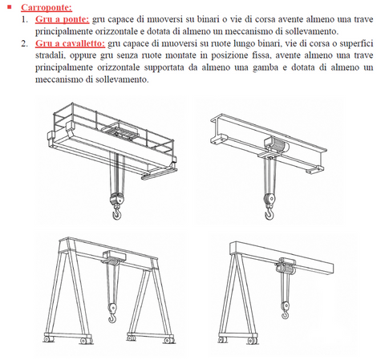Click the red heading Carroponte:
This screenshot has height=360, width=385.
[47, 7]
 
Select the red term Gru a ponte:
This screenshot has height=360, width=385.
[62, 19]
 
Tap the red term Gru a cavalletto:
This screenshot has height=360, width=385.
[71, 43]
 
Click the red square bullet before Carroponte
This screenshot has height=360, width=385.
[10, 6]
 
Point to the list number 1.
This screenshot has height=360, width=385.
[25, 19]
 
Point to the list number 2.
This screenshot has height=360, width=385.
[25, 43]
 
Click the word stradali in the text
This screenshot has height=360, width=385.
[51, 55]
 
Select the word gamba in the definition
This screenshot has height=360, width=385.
[265, 67]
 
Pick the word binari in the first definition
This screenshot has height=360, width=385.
[208, 19]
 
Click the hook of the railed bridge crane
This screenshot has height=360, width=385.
[116, 213]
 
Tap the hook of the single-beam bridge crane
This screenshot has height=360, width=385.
[269, 213]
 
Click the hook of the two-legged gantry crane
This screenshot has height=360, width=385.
[112, 317]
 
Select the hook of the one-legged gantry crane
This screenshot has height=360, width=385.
[286, 313]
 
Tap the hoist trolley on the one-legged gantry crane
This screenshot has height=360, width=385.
[286, 265]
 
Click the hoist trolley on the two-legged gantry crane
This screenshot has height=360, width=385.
[115, 257]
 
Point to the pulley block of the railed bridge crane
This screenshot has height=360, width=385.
[117, 199]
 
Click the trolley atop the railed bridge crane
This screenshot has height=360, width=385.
[119, 131]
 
